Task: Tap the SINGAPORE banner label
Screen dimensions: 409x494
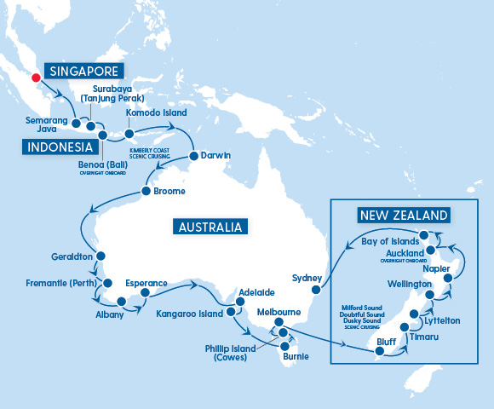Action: (83, 72)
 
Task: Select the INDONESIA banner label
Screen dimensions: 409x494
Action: (59, 148)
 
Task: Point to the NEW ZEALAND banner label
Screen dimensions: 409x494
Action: (403, 214)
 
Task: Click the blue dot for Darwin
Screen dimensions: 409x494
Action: (193, 156)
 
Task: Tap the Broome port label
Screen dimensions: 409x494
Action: (169, 192)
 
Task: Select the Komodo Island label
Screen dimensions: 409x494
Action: (157, 112)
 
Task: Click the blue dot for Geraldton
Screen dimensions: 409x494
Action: (101, 256)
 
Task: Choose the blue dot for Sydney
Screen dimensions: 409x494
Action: (323, 278)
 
